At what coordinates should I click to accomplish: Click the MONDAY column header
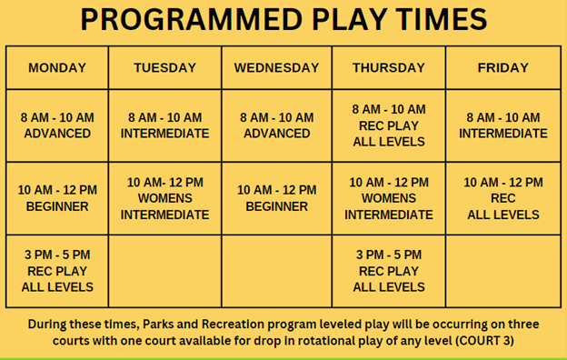[x=57, y=67]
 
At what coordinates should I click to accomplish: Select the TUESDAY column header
[x=164, y=67]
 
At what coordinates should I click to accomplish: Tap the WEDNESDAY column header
[x=276, y=67]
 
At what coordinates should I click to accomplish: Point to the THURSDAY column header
[x=388, y=67]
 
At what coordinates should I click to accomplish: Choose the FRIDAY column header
[x=502, y=67]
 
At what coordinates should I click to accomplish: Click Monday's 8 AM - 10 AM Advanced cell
[x=57, y=125]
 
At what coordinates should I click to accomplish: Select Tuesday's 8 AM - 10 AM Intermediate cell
[x=164, y=125]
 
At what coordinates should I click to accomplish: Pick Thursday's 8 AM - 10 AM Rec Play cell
[x=388, y=125]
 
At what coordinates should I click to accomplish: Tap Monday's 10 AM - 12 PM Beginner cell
[x=57, y=198]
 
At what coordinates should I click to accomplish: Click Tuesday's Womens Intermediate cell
[x=164, y=198]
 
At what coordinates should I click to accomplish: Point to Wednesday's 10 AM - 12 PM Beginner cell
[x=276, y=198]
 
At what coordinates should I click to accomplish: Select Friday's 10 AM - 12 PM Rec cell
[x=502, y=198]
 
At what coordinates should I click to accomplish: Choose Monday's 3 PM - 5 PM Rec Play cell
[x=57, y=271]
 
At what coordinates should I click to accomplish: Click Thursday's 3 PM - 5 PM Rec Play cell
[x=388, y=271]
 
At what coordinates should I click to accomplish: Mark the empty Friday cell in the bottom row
[x=502, y=271]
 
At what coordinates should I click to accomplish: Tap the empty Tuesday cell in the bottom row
[x=164, y=271]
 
